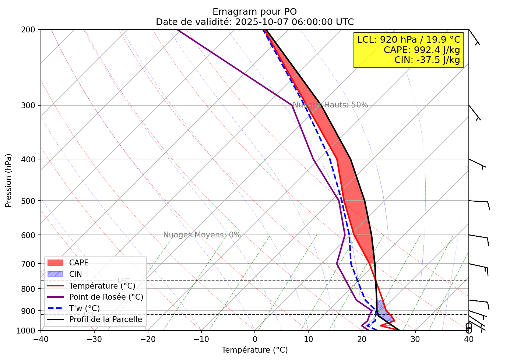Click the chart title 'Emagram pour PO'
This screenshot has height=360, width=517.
[x=254, y=12]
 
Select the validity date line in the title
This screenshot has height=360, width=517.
[x=254, y=22]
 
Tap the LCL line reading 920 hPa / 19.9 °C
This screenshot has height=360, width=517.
[x=409, y=40]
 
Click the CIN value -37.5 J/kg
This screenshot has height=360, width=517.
[x=427, y=60]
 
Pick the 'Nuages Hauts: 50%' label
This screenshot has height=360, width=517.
[x=330, y=105]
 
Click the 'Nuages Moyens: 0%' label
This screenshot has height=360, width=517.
[x=202, y=235]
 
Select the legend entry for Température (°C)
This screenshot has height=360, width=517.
[x=102, y=286]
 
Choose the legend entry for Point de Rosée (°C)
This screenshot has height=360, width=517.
[x=106, y=297]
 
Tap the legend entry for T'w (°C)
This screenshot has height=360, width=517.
[x=84, y=308]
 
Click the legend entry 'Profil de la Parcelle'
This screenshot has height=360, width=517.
[x=105, y=320]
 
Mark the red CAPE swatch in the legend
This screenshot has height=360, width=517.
[x=55, y=263]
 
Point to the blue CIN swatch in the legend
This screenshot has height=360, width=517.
[x=55, y=274]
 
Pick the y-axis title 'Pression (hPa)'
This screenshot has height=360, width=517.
[x=8, y=180]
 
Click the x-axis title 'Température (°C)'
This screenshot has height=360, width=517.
[x=254, y=350]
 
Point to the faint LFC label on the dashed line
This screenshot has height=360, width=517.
[x=123, y=281]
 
